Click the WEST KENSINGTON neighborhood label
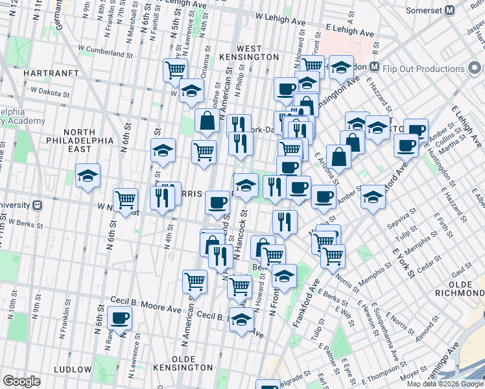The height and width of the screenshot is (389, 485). [249, 53]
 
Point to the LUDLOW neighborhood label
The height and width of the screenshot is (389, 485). [73, 370]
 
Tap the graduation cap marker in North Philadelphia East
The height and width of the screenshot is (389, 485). [88, 175]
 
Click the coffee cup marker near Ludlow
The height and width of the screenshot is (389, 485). [120, 318]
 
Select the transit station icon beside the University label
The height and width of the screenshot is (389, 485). [38, 204]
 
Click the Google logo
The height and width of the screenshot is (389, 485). [22, 381]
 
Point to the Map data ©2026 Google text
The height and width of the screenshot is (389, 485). [444, 384]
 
